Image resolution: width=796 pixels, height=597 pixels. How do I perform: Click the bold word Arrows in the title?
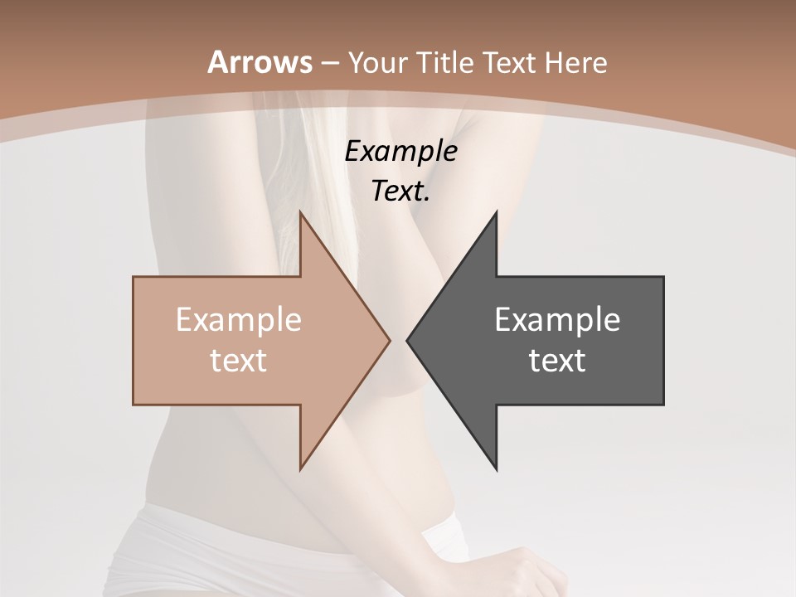coord(260,62)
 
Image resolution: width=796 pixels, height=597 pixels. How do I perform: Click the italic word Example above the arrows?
coord(400,151)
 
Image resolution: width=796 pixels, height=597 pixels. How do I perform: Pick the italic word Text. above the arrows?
coord(400,191)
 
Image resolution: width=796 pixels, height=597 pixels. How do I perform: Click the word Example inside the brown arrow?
coord(239,319)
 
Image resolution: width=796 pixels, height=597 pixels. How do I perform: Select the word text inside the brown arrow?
coord(239,361)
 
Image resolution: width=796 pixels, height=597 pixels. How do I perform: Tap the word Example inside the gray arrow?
coord(557,319)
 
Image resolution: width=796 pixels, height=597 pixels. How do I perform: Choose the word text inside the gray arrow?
coord(557,361)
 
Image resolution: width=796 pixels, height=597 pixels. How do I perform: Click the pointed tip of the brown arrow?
coord(389,340)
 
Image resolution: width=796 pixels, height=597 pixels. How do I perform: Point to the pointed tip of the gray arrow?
coord(407,340)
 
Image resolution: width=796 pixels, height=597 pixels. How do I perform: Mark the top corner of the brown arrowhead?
coord(300,212)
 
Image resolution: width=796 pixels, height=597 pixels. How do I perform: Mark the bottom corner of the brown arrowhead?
coord(300,468)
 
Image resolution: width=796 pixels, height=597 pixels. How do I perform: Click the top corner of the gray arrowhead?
coord(496,212)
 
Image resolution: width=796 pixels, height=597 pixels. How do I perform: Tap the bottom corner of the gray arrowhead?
coord(496,468)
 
